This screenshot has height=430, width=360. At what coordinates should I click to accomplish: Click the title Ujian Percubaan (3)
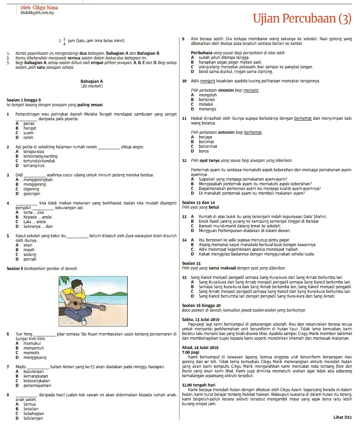(x=302, y=18)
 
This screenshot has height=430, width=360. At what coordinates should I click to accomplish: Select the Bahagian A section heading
(x=92, y=81)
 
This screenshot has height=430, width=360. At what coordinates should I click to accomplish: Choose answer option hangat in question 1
(x=29, y=128)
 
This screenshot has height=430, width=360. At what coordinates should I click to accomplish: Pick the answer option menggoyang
(x=35, y=357)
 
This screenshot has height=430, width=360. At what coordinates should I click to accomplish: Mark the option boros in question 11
(x=204, y=151)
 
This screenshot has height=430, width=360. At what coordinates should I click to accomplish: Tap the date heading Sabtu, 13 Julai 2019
(x=201, y=319)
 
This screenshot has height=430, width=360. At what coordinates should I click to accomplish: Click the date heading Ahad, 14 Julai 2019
(x=200, y=348)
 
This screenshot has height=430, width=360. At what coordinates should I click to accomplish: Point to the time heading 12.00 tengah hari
(x=198, y=385)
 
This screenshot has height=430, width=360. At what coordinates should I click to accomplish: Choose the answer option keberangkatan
(x=37, y=380)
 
